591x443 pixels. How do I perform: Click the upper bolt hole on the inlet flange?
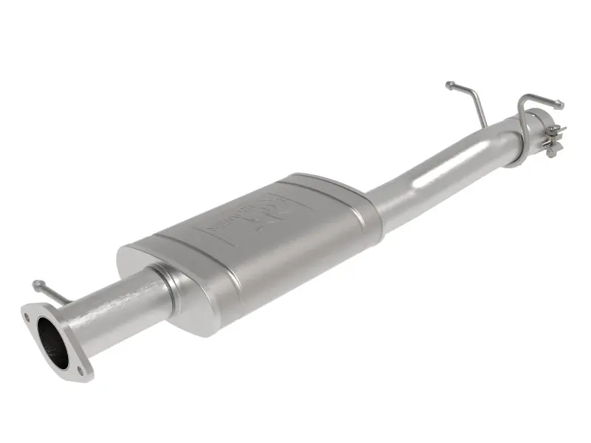point(27,317)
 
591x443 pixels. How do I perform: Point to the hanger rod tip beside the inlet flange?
point(35,284)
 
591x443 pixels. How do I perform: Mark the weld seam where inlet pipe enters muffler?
point(168,284)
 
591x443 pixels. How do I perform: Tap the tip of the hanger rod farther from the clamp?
point(448,86)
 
